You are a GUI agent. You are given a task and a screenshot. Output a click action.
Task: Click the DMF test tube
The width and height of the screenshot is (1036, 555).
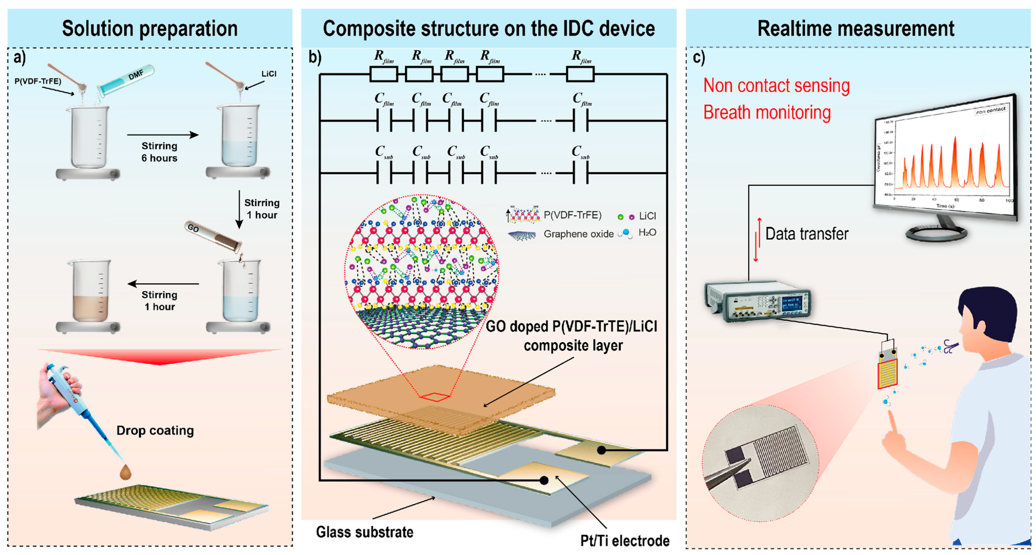tap(125, 80)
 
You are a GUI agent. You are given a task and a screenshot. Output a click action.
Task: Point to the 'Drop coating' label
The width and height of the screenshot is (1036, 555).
tap(155, 431)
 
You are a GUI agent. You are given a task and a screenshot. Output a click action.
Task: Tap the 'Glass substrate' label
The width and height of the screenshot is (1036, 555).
tap(364, 532)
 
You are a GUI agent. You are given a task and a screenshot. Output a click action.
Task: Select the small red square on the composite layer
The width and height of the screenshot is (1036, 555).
tap(435, 397)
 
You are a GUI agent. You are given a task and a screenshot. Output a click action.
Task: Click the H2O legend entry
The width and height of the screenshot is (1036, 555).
tap(647, 232)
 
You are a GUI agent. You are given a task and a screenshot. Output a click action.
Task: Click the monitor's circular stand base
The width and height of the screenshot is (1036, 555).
tap(936, 233)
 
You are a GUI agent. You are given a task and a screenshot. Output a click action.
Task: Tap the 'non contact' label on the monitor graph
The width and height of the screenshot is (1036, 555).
tap(990, 110)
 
